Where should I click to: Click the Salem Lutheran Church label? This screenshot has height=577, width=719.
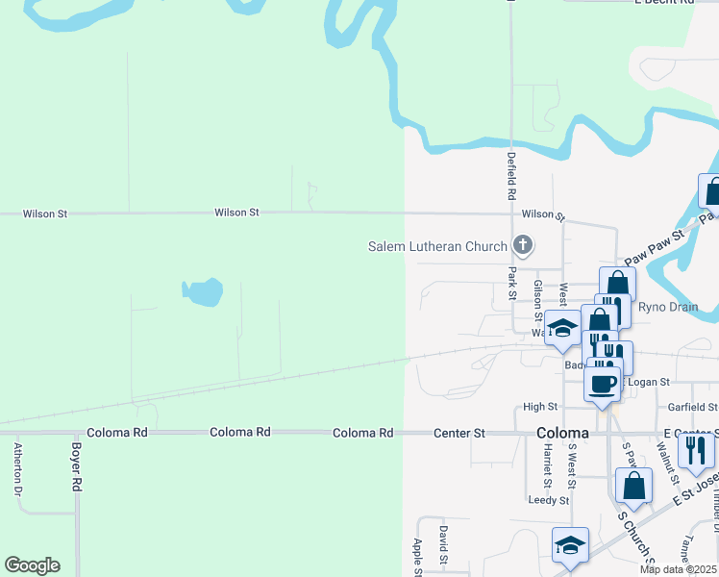pyautogui.click(x=437, y=246)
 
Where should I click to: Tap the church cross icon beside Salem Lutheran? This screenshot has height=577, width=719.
pyautogui.click(x=523, y=245)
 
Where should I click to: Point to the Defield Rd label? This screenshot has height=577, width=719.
pyautogui.click(x=512, y=170)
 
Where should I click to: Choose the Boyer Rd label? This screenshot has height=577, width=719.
pyautogui.click(x=76, y=466)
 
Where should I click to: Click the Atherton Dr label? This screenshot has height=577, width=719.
pyautogui.click(x=17, y=468)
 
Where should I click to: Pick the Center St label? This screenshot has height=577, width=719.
pyautogui.click(x=459, y=433)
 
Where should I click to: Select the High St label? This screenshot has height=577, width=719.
pyautogui.click(x=539, y=408)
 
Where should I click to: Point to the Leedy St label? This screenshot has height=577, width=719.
pyautogui.click(x=549, y=500)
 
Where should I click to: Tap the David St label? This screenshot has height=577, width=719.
pyautogui.click(x=443, y=543)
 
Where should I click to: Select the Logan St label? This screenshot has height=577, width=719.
pyautogui.click(x=649, y=383)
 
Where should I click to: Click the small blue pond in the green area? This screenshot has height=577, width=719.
pyautogui.click(x=203, y=291)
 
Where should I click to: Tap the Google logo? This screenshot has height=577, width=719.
pyautogui.click(x=32, y=565)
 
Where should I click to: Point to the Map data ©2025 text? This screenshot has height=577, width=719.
pyautogui.click(x=678, y=569)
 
